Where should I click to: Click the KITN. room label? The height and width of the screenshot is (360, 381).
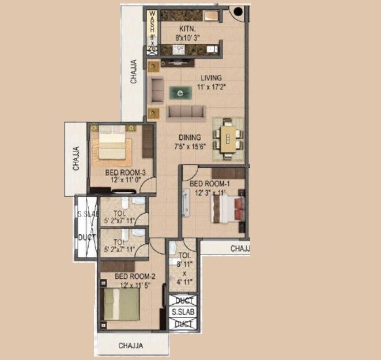[187, 29]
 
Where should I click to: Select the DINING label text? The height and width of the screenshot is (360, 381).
[190, 138]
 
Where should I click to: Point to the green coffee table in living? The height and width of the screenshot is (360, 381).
[181, 92]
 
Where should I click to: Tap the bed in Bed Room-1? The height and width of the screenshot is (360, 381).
[231, 209]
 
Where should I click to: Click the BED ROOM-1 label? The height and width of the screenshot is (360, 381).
[210, 184]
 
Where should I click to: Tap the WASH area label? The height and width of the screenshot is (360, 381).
[152, 26]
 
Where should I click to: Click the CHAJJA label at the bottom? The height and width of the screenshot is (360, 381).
[131, 346]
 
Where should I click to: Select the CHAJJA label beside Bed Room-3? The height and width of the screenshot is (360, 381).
[76, 159]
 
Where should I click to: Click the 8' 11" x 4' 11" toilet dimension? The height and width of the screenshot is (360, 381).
[184, 275]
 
